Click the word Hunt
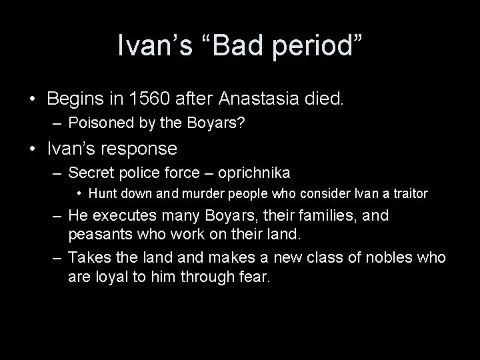coord(102,194)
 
